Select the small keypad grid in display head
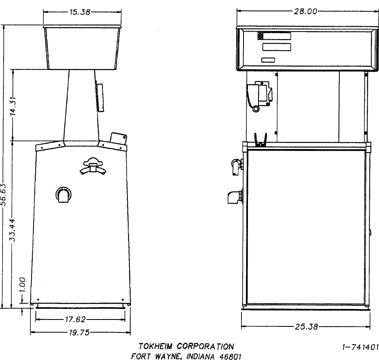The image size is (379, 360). coord(260,36)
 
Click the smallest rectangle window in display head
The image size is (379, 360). coord(267,61)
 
